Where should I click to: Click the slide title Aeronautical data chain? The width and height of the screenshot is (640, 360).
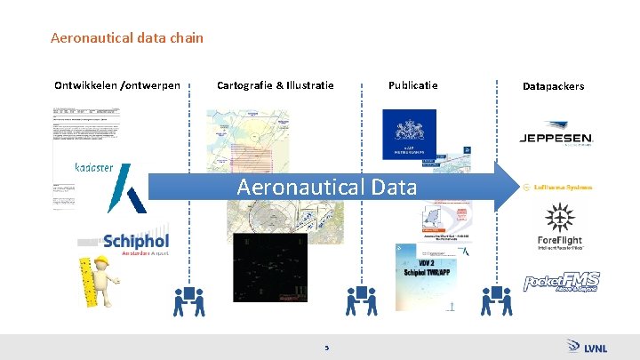tap(127, 38)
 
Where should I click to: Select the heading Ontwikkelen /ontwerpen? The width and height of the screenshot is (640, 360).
tap(117, 85)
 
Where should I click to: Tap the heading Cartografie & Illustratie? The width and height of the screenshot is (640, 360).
tap(276, 85)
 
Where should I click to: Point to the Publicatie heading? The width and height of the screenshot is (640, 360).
tap(412, 85)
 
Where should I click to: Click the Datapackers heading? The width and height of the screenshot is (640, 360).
tap(553, 86)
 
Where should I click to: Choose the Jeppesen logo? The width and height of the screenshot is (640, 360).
tap(556, 139)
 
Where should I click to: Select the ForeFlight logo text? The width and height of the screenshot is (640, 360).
tap(560, 242)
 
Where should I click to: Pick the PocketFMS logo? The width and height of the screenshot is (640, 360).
tap(561, 283)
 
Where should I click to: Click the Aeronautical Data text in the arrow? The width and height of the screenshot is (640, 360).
tap(326, 187)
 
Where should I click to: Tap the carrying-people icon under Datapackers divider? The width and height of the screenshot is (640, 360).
tap(496, 301)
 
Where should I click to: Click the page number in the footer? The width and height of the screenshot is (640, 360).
tap(327, 348)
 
